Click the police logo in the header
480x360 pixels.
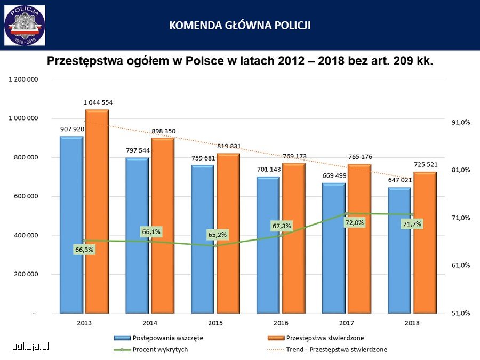point(25,25)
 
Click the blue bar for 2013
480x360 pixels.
point(71,224)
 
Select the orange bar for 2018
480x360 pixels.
point(425,243)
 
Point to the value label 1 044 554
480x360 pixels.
point(98,102)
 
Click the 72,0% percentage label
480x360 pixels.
point(355,222)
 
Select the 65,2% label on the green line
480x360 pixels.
point(218,235)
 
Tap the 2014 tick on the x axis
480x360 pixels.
point(150,323)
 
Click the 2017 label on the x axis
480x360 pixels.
point(347,323)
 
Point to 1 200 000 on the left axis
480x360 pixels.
point(23,79)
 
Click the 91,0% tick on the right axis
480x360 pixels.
point(460,122)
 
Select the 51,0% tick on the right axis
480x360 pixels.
point(460,313)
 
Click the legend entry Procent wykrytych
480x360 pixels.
point(160,349)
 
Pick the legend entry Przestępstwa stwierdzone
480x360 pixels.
point(325,338)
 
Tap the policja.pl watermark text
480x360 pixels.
point(30,347)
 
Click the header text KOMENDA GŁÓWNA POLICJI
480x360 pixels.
point(240,25)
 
